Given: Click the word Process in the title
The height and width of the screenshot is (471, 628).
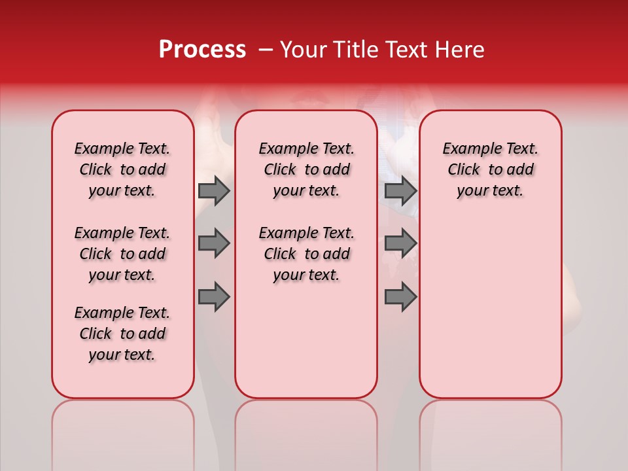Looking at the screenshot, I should coord(202,49).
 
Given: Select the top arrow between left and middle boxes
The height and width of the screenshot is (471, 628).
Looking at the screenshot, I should coord(214,190).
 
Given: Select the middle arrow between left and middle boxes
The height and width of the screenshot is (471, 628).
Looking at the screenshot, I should coord(214,243).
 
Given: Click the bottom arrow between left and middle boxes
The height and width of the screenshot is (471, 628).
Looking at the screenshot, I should coord(214,296).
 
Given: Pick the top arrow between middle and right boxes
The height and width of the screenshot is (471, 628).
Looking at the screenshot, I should coord(400,190).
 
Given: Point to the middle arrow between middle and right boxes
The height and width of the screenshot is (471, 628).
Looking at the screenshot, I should coord(400,243).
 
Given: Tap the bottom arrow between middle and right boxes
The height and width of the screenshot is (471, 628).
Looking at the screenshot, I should coord(400,296).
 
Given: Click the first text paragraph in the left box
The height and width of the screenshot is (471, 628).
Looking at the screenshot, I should coord(122,169).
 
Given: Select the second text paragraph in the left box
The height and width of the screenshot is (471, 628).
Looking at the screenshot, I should coord(122,254).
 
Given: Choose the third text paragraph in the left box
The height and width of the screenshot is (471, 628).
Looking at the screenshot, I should coord(122,334).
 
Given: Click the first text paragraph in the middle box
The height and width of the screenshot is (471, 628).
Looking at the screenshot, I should coord(307,169).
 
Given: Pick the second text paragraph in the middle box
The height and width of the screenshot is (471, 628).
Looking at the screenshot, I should coord(307,254).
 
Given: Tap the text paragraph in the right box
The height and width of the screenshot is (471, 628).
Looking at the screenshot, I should coord(491,169).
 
